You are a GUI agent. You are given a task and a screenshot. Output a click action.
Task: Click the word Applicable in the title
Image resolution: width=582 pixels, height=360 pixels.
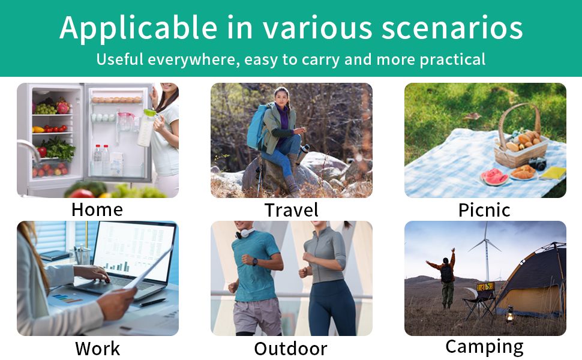(139, 28)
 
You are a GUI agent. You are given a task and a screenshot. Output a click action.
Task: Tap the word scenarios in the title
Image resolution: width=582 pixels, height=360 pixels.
(452, 28)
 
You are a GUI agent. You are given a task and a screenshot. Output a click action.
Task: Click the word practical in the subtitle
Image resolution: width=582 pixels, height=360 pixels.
(452, 60)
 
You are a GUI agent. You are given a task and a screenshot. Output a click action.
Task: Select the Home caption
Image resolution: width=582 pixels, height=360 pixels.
(97, 209)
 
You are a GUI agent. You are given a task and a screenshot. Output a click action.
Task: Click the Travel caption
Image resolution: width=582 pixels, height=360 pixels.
(292, 210)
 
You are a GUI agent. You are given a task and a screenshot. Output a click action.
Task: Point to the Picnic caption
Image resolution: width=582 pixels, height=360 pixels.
(484, 210)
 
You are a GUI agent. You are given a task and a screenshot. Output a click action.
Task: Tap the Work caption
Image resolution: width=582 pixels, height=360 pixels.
(98, 349)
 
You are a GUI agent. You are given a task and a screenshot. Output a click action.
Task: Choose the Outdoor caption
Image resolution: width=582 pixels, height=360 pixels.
(291, 349)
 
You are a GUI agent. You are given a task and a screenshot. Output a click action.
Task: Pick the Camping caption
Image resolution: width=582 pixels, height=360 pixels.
(485, 347)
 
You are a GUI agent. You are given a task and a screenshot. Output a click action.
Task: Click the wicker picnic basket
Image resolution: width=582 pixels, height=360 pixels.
(520, 139)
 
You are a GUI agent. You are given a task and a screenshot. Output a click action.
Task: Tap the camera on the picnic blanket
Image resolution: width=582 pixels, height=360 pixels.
(538, 163)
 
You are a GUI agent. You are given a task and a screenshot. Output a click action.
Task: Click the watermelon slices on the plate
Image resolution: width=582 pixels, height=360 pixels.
(494, 177)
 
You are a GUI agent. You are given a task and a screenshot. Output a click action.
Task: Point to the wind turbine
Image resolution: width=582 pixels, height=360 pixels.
(486, 248)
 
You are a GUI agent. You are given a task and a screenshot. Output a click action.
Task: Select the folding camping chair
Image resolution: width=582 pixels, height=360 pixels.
(480, 299)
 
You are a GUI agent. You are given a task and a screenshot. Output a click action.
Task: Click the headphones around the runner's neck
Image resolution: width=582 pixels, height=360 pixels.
(245, 233)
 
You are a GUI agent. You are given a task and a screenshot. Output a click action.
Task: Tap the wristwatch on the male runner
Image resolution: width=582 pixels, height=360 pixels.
(255, 262)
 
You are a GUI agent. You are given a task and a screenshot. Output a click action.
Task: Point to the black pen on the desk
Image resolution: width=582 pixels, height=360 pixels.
(152, 303)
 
